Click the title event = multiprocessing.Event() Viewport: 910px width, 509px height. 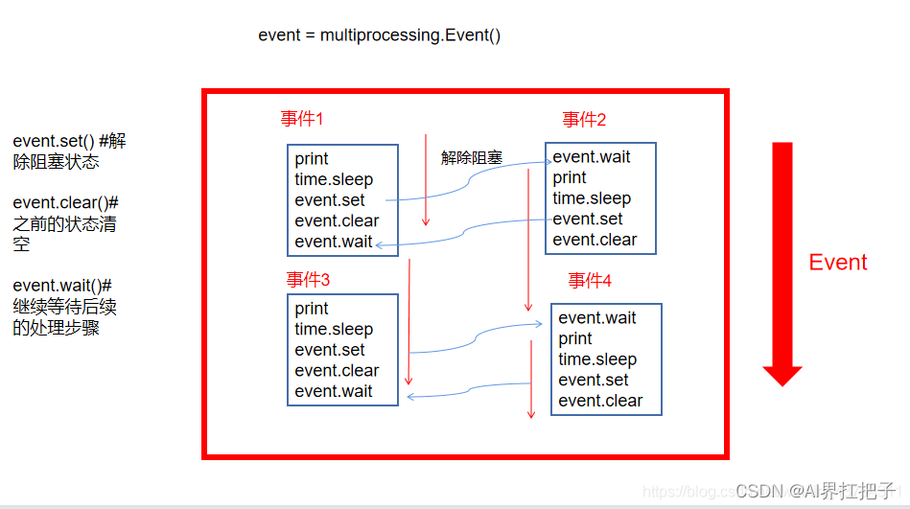pos(379,35)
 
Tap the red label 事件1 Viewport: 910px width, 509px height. pos(302,119)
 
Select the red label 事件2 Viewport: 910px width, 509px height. pos(584,120)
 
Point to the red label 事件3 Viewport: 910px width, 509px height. pos(308,280)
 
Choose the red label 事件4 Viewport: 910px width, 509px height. pos(590,280)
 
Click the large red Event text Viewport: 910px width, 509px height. pos(837,263)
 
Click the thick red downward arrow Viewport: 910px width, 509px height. pos(782,263)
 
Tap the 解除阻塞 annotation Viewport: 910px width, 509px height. pos(472,158)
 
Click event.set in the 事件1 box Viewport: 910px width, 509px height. pos(330,200)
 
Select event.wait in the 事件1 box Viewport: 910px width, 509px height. pos(334,242)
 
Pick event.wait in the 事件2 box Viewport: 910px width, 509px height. pos(592,157)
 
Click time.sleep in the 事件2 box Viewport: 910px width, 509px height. pos(592,198)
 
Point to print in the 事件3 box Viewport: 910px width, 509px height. pos(312,309)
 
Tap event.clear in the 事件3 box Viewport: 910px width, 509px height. pos(337,371)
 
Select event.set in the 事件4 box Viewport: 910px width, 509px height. pos(594,381)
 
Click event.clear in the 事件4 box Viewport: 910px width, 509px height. pos(600,401)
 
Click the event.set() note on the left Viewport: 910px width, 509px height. pos(69,151)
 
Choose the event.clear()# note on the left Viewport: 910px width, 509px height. pos(65,222)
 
